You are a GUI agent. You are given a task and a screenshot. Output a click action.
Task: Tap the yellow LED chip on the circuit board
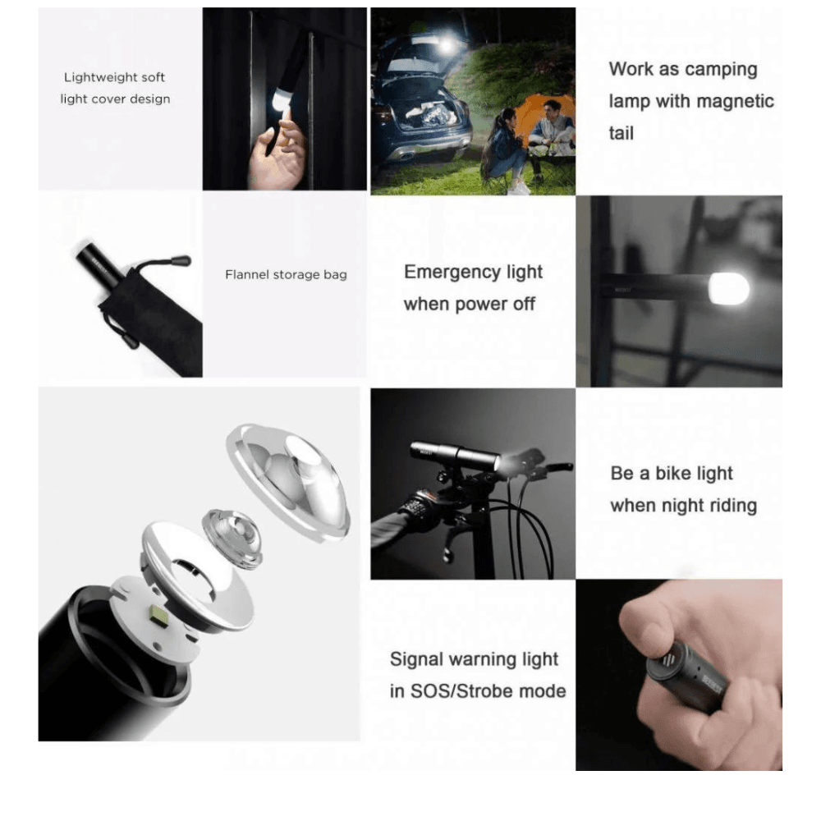pyautogui.click(x=160, y=613)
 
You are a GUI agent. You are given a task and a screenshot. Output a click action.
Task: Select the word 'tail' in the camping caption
pyautogui.click(x=621, y=133)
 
